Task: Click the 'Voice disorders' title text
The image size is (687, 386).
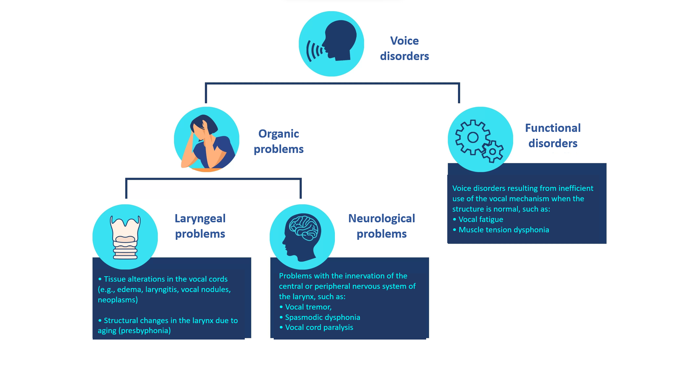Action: [x=404, y=48]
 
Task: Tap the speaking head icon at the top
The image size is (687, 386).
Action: [x=331, y=44]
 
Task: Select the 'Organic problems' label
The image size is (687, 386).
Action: [x=278, y=141]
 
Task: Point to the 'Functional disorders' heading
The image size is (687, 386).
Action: [x=553, y=135]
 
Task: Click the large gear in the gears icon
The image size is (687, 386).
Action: [x=473, y=137]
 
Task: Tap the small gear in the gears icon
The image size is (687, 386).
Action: [x=493, y=152]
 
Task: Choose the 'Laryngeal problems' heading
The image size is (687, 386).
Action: [x=200, y=226]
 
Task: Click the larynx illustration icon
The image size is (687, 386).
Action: [x=125, y=237]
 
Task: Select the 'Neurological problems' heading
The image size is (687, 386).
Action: [x=381, y=226]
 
